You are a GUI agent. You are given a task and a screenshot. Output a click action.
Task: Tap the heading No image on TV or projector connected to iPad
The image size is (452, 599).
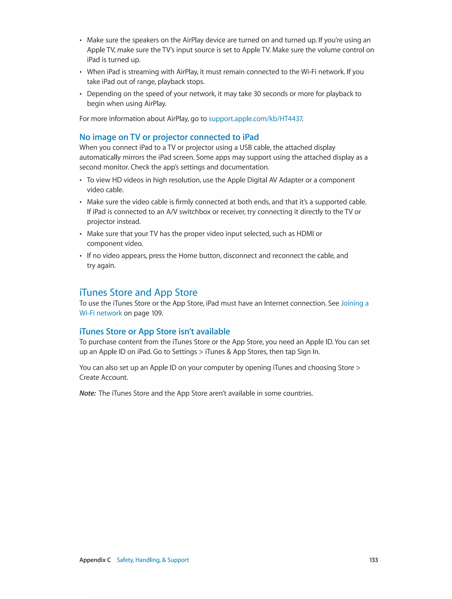point(169,137)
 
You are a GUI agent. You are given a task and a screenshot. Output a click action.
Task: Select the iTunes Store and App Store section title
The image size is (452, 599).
point(138,292)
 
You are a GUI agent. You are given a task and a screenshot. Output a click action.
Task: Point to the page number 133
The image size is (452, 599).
point(373,560)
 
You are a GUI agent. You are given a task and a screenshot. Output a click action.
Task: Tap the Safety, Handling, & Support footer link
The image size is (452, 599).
point(153,560)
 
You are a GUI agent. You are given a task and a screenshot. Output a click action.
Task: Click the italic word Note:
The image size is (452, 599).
point(87,393)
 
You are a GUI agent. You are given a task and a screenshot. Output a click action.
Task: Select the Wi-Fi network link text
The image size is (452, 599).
point(100,313)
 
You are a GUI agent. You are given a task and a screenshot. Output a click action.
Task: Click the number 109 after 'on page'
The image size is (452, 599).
point(156,313)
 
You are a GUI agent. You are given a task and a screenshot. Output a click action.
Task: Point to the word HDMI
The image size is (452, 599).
point(305,234)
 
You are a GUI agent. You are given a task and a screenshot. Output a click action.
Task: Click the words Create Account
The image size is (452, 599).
point(103,377)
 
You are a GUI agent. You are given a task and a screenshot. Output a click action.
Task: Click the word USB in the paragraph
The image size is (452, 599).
point(246,148)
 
